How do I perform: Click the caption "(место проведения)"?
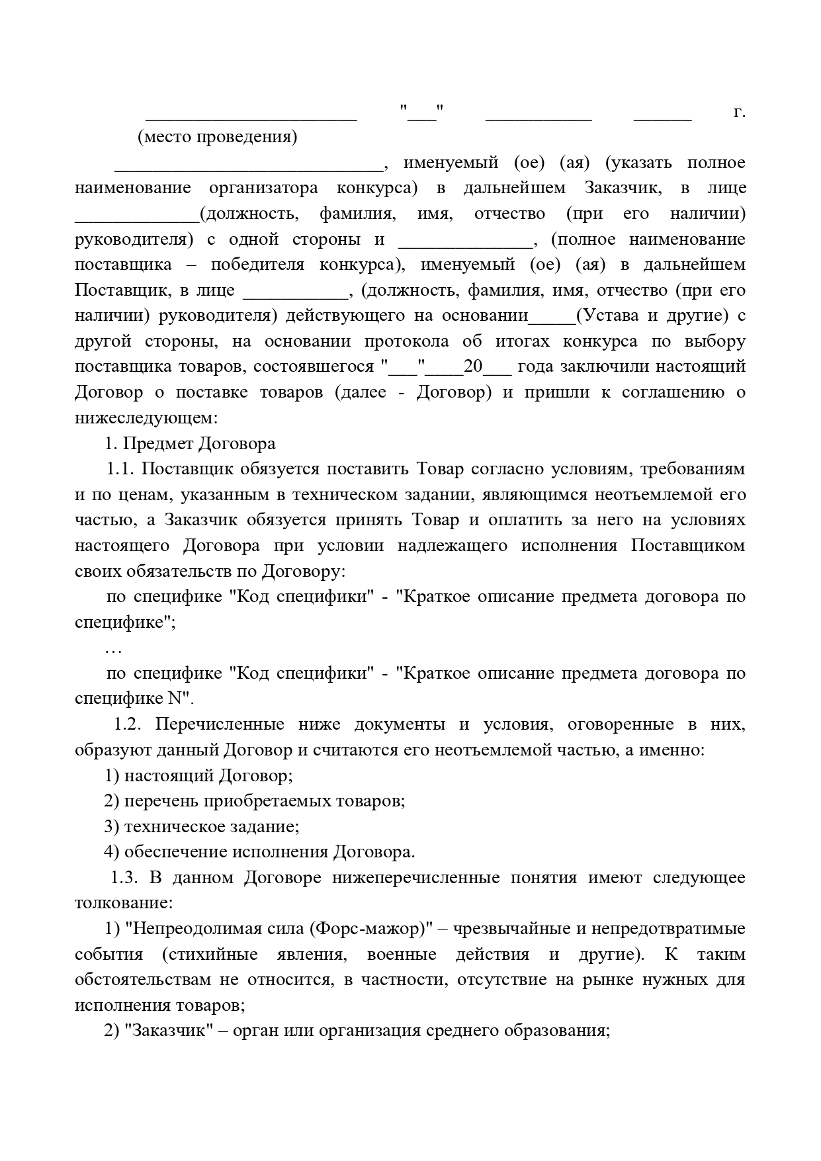(x=217, y=137)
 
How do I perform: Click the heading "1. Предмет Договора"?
(x=191, y=443)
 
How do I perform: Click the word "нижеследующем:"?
(x=145, y=418)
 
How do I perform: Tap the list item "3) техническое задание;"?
(x=202, y=826)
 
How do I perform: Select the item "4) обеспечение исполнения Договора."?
(x=259, y=851)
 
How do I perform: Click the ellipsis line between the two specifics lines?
(x=113, y=649)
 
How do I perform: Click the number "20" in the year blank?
(x=473, y=366)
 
